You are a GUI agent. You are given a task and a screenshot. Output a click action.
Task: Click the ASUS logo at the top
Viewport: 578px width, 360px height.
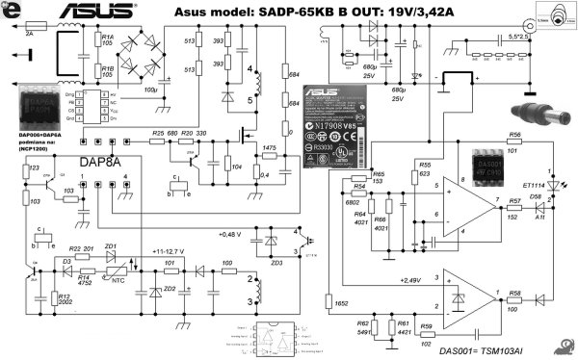[93, 12]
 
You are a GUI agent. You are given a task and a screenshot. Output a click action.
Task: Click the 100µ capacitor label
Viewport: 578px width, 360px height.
[149, 90]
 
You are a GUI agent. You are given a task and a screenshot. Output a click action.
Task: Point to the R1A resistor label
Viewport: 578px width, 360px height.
[108, 39]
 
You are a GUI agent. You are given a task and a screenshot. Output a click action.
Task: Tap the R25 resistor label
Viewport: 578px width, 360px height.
[158, 132]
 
